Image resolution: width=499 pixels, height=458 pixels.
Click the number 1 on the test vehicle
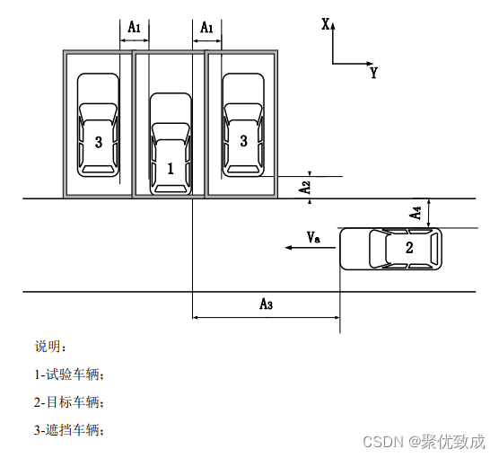pyautogui.click(x=171, y=169)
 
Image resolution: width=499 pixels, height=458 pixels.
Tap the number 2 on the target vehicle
pyautogui.click(x=409, y=248)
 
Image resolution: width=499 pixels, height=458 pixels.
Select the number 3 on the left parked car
pyautogui.click(x=99, y=142)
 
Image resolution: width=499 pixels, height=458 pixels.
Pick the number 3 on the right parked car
pyautogui.click(x=244, y=141)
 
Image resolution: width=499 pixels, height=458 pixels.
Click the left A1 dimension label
pyautogui.click(x=135, y=27)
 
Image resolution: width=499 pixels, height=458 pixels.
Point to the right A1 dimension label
pyautogui.click(x=206, y=28)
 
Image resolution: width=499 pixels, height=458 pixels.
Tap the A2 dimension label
pyautogui.click(x=305, y=188)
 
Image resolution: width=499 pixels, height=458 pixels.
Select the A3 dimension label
pyautogui.click(x=267, y=304)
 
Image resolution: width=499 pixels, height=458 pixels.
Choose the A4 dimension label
pyautogui.click(x=416, y=213)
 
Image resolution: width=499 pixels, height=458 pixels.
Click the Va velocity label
pyautogui.click(x=313, y=237)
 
